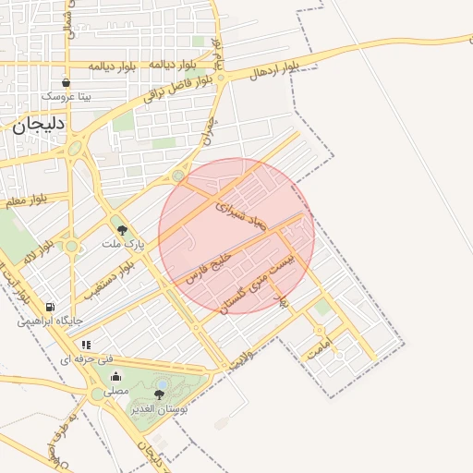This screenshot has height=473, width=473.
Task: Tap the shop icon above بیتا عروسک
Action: [65, 83]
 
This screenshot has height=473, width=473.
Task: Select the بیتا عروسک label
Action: [65, 96]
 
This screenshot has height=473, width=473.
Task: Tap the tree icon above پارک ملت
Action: [122, 230]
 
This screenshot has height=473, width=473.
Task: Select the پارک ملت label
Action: [120, 246]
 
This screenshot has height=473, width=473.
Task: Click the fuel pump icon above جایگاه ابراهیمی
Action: [49, 307]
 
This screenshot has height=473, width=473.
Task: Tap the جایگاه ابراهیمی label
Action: [51, 321]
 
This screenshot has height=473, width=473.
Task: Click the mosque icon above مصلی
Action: [115, 376]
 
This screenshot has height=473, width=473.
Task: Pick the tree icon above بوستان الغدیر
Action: [159, 394]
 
